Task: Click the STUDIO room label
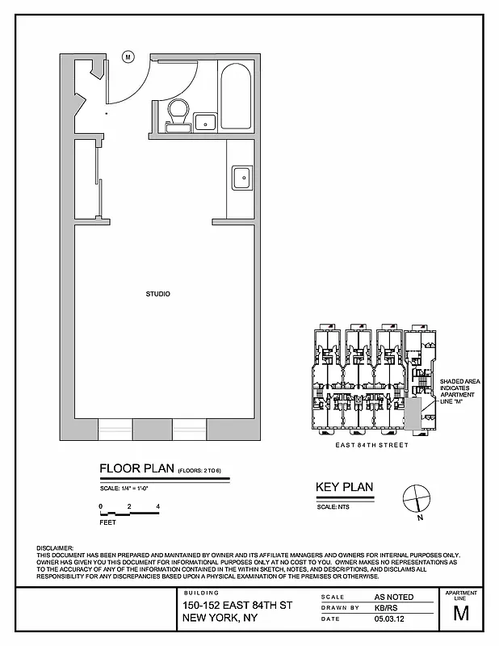pos(157,294)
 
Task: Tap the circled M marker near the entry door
pos(128,57)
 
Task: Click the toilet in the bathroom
pos(176,114)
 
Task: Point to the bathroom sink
pos(205,122)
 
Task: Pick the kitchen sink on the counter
pos(241,177)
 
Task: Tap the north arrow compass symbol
pos(415,496)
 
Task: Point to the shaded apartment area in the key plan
pos(413,413)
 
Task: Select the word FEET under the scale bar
pos(107,522)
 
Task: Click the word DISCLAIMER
pos(56,547)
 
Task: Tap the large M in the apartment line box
pos(461,613)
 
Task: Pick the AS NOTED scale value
pos(394,597)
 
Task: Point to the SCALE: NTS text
pos(332,506)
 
